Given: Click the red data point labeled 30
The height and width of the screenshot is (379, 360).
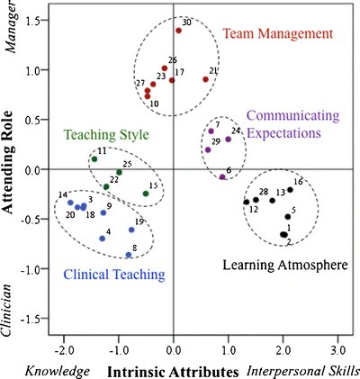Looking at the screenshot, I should point(178,31).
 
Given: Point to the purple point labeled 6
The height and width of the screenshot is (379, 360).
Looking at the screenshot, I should point(222,177).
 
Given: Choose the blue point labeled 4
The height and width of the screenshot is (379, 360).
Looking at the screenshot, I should point(103,239).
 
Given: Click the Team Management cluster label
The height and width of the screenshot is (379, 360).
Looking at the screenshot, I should point(277,35).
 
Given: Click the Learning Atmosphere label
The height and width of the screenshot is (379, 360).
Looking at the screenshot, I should point(286,264).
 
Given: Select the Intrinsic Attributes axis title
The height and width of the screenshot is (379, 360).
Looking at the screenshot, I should point(173,370).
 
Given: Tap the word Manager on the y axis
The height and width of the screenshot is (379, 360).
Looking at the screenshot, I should point(13,32).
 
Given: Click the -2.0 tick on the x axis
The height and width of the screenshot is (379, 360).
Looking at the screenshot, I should point(64,347).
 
